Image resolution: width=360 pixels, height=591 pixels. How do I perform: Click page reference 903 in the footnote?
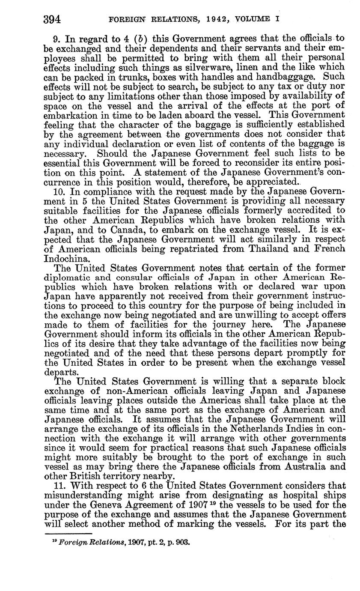(183, 542)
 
